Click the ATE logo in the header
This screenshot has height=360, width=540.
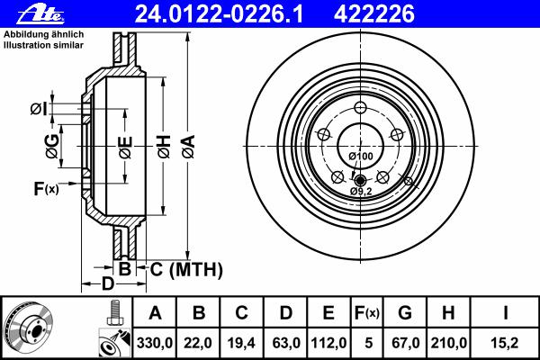[40, 14]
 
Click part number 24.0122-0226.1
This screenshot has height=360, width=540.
[219, 14]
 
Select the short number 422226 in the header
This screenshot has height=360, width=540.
[374, 14]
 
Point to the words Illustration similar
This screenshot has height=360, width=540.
[43, 45]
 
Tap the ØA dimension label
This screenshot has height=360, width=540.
[189, 147]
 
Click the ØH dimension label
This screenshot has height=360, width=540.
[165, 147]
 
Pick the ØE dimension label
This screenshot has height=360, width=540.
[126, 147]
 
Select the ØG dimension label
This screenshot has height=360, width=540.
[52, 147]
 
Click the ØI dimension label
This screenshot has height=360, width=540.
[39, 109]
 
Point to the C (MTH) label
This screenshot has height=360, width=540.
[186, 269]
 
